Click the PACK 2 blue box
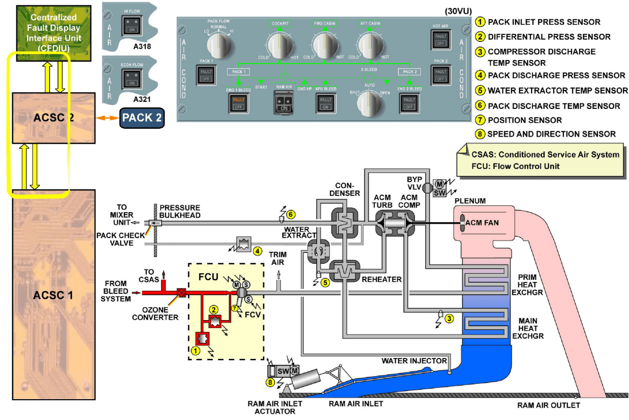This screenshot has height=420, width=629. tap(142, 118)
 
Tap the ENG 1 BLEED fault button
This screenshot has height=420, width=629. tap(238, 103)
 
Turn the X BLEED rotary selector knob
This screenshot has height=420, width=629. tap(369, 101)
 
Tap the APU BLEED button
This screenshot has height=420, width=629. tap(326, 103)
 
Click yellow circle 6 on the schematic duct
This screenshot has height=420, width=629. tap(291, 215)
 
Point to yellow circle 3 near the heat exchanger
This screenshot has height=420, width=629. tap(449, 319)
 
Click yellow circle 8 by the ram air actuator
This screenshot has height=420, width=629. tap(270, 383)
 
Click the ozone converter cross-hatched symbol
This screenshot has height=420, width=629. tap(181, 293)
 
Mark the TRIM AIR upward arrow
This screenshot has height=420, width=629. tap(279, 274)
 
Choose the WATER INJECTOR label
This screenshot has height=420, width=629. tap(414, 360)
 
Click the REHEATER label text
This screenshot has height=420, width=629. tap(382, 279)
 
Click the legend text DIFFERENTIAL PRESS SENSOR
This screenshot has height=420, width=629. tap(549, 37)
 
